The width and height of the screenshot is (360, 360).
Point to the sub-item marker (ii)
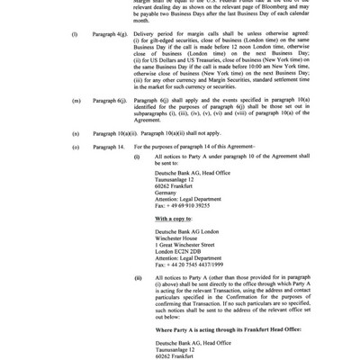(x=138, y=279)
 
